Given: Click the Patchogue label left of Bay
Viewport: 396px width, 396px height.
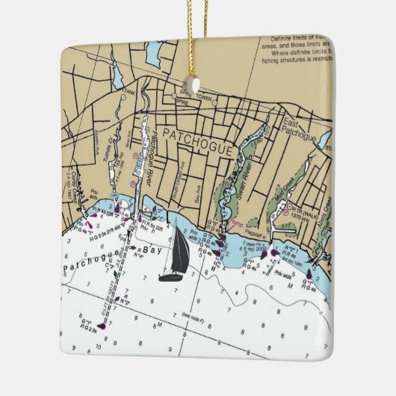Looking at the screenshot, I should [93, 264].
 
